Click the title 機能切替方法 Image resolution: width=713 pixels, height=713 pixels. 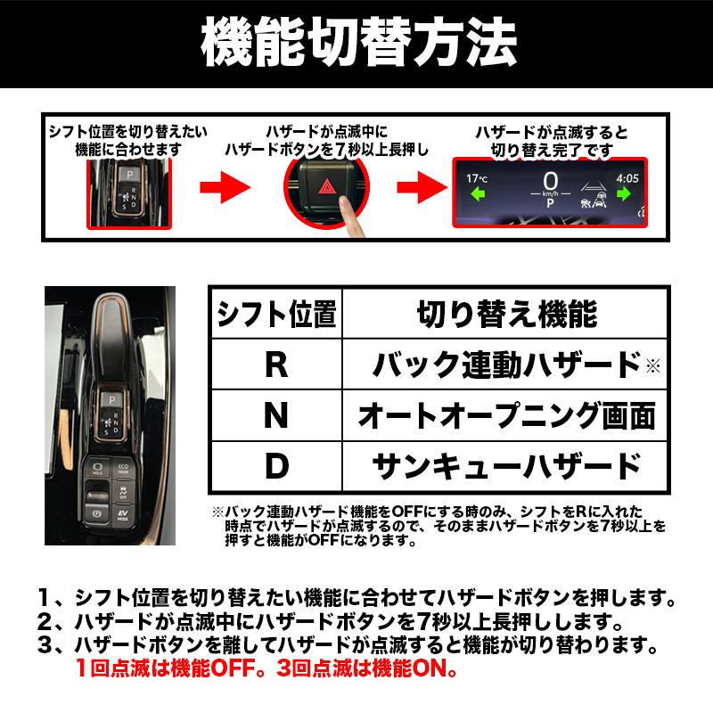pyautogui.click(x=359, y=42)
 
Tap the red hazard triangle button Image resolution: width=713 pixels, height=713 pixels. pyautogui.click(x=326, y=186)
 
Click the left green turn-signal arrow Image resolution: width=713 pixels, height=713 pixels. pyautogui.click(x=478, y=194)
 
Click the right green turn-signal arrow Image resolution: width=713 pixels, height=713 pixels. pyautogui.click(x=624, y=193)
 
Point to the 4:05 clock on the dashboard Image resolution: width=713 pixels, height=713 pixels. pyautogui.click(x=627, y=178)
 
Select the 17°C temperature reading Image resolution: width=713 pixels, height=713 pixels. pyautogui.click(x=477, y=178)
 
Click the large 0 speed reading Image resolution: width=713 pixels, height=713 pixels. pyautogui.click(x=550, y=181)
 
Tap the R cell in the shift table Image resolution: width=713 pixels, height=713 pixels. pyautogui.click(x=276, y=365)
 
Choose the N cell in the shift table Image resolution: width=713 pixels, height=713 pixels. pyautogui.click(x=276, y=415)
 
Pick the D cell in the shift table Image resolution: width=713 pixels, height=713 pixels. pyautogui.click(x=276, y=466)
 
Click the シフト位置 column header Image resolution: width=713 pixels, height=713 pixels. pyautogui.click(x=276, y=314)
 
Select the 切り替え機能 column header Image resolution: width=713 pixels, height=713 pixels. pyautogui.click(x=506, y=314)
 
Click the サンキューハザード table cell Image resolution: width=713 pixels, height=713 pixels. pyautogui.click(x=506, y=466)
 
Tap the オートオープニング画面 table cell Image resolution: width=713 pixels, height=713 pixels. pyautogui.click(x=506, y=415)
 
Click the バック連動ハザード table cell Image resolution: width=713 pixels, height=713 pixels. pyautogui.click(x=506, y=365)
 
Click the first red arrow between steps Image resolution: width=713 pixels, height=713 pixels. pyautogui.click(x=225, y=187)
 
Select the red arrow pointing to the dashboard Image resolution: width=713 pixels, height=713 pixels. pyautogui.click(x=422, y=187)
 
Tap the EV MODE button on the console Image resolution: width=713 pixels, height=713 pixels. pyautogui.click(x=123, y=515)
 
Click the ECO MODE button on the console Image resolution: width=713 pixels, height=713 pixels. pyautogui.click(x=123, y=469)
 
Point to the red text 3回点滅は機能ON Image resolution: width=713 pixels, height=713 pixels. pyautogui.click(x=367, y=668)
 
